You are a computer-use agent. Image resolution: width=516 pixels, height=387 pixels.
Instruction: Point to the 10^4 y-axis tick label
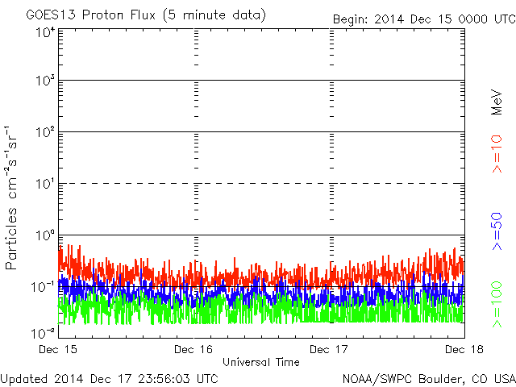click(x=44, y=32)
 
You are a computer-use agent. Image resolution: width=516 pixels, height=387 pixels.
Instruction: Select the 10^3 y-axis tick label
click(x=44, y=81)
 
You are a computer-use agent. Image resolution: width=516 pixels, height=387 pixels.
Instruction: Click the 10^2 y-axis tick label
click(x=44, y=133)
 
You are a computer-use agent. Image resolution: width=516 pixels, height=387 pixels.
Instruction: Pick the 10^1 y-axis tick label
click(x=44, y=185)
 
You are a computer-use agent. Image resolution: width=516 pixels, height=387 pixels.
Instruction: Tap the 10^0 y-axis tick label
click(x=44, y=236)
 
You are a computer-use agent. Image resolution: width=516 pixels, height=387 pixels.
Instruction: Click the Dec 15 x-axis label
click(x=58, y=349)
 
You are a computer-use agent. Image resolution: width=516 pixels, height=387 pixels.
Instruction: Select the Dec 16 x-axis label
click(x=193, y=349)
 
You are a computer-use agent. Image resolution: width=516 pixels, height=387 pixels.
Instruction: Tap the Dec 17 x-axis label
click(x=329, y=349)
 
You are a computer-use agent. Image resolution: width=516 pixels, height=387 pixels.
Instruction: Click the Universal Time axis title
click(x=261, y=362)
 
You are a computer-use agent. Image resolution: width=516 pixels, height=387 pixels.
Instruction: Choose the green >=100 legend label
click(x=497, y=304)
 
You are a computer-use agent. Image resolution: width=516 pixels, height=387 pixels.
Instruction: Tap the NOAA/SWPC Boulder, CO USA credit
click(x=428, y=378)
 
